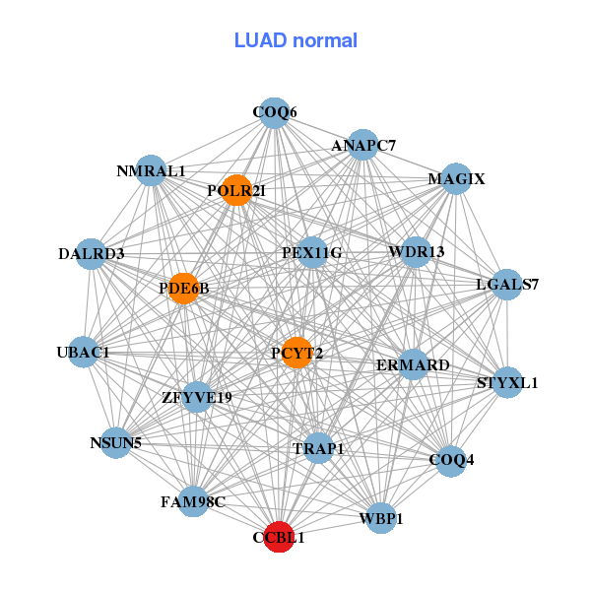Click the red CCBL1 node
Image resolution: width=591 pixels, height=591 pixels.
point(279,537)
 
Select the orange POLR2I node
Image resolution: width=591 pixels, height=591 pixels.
point(236,190)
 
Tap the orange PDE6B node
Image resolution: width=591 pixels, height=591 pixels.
point(183,289)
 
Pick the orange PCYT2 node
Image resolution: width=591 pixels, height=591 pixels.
point(297,353)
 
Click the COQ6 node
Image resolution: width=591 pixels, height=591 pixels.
point(275,112)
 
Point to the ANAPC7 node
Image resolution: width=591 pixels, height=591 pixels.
point(362,145)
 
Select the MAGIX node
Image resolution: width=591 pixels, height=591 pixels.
point(456,178)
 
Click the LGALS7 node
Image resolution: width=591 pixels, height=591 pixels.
point(507,285)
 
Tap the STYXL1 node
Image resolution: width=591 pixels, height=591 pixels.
point(507,382)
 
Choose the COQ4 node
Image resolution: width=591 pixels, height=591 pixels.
point(451,461)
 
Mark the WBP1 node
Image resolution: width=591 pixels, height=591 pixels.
point(381,518)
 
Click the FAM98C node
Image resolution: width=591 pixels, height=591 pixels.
point(193,501)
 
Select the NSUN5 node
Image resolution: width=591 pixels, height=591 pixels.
point(116,443)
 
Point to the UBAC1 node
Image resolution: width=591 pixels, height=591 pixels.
point(84,352)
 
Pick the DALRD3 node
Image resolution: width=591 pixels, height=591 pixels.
point(91,254)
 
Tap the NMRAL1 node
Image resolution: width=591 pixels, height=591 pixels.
point(151,170)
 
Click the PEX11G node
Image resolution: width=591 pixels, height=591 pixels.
point(312,252)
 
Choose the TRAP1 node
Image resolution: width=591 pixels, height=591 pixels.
point(318,448)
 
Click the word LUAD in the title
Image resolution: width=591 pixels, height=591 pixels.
point(260,40)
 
